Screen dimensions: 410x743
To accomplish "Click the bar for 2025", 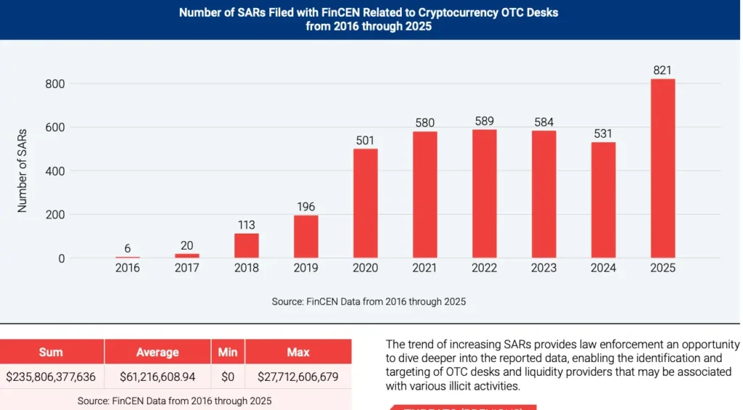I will coord(662,168).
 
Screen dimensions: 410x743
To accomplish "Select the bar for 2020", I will coord(366,203).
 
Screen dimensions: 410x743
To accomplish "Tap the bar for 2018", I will coord(247,245).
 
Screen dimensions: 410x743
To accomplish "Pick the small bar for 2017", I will coord(187,255).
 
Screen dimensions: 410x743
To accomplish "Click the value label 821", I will coord(662,70).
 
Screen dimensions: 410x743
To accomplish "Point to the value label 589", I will coord(484,120).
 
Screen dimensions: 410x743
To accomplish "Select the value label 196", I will coord(306,207).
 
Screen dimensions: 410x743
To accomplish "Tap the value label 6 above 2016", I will coord(128,248).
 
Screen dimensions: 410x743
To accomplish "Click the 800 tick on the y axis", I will coord(55,83).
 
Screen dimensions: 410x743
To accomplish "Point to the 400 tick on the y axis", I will coord(55,171).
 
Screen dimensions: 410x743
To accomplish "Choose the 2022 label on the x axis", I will coord(484,268).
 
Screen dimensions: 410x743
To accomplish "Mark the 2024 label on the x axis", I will coord(603,268).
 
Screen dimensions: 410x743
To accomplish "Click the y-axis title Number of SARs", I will coord(22,171).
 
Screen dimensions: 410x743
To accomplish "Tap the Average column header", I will coord(157,352).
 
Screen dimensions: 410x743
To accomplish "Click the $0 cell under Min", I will coord(227,377).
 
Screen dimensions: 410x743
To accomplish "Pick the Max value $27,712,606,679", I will coord(298,377).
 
